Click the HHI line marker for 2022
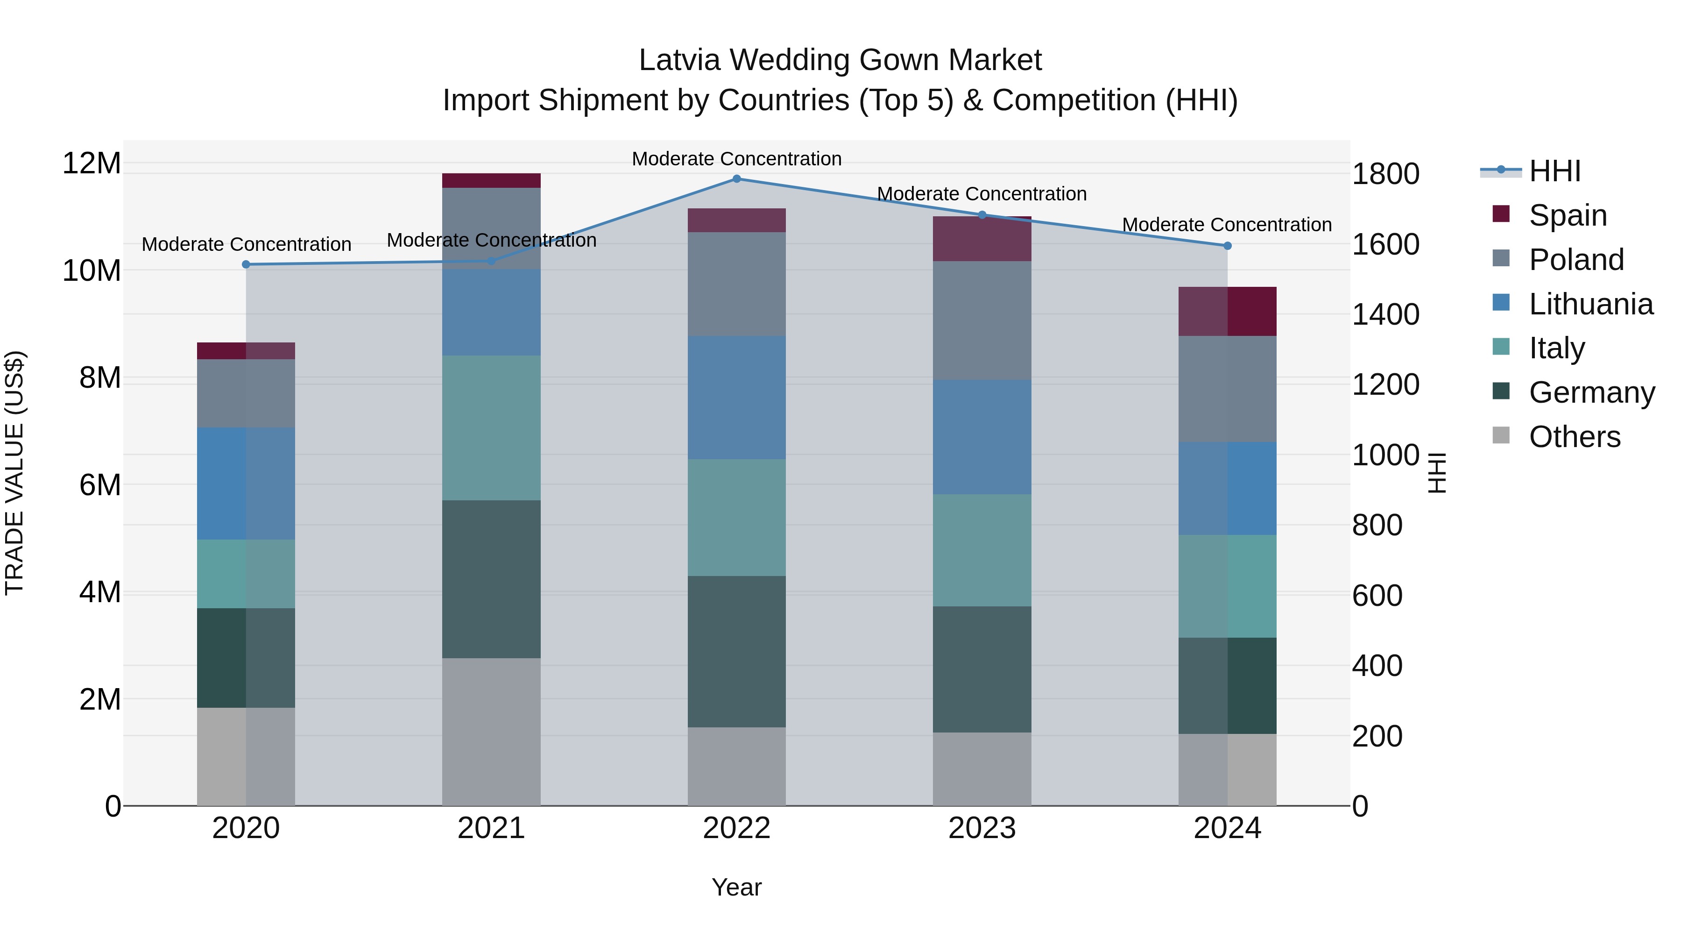[737, 178]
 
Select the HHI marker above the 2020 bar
[246, 264]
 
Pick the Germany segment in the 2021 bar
[491, 579]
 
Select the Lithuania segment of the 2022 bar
[737, 398]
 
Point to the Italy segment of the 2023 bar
[982, 550]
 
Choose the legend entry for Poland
[1575, 260]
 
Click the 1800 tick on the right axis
[1385, 174]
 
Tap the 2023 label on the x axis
[982, 828]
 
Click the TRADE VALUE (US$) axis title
[14, 473]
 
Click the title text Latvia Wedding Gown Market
[840, 60]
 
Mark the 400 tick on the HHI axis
[1377, 666]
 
